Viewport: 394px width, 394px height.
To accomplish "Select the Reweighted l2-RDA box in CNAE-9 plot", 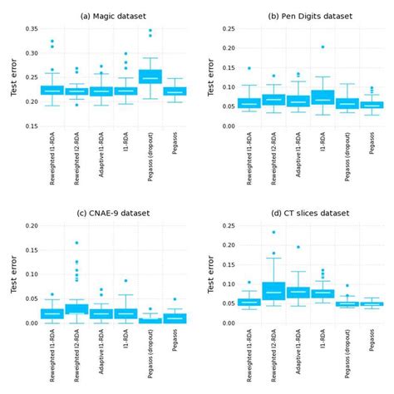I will pos(76,308).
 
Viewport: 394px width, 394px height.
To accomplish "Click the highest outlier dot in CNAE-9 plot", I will pos(76,243).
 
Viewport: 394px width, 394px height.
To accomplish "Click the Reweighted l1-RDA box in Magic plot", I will pos(52,90).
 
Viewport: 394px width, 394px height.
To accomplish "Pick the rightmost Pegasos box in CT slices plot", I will pos(371,305).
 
